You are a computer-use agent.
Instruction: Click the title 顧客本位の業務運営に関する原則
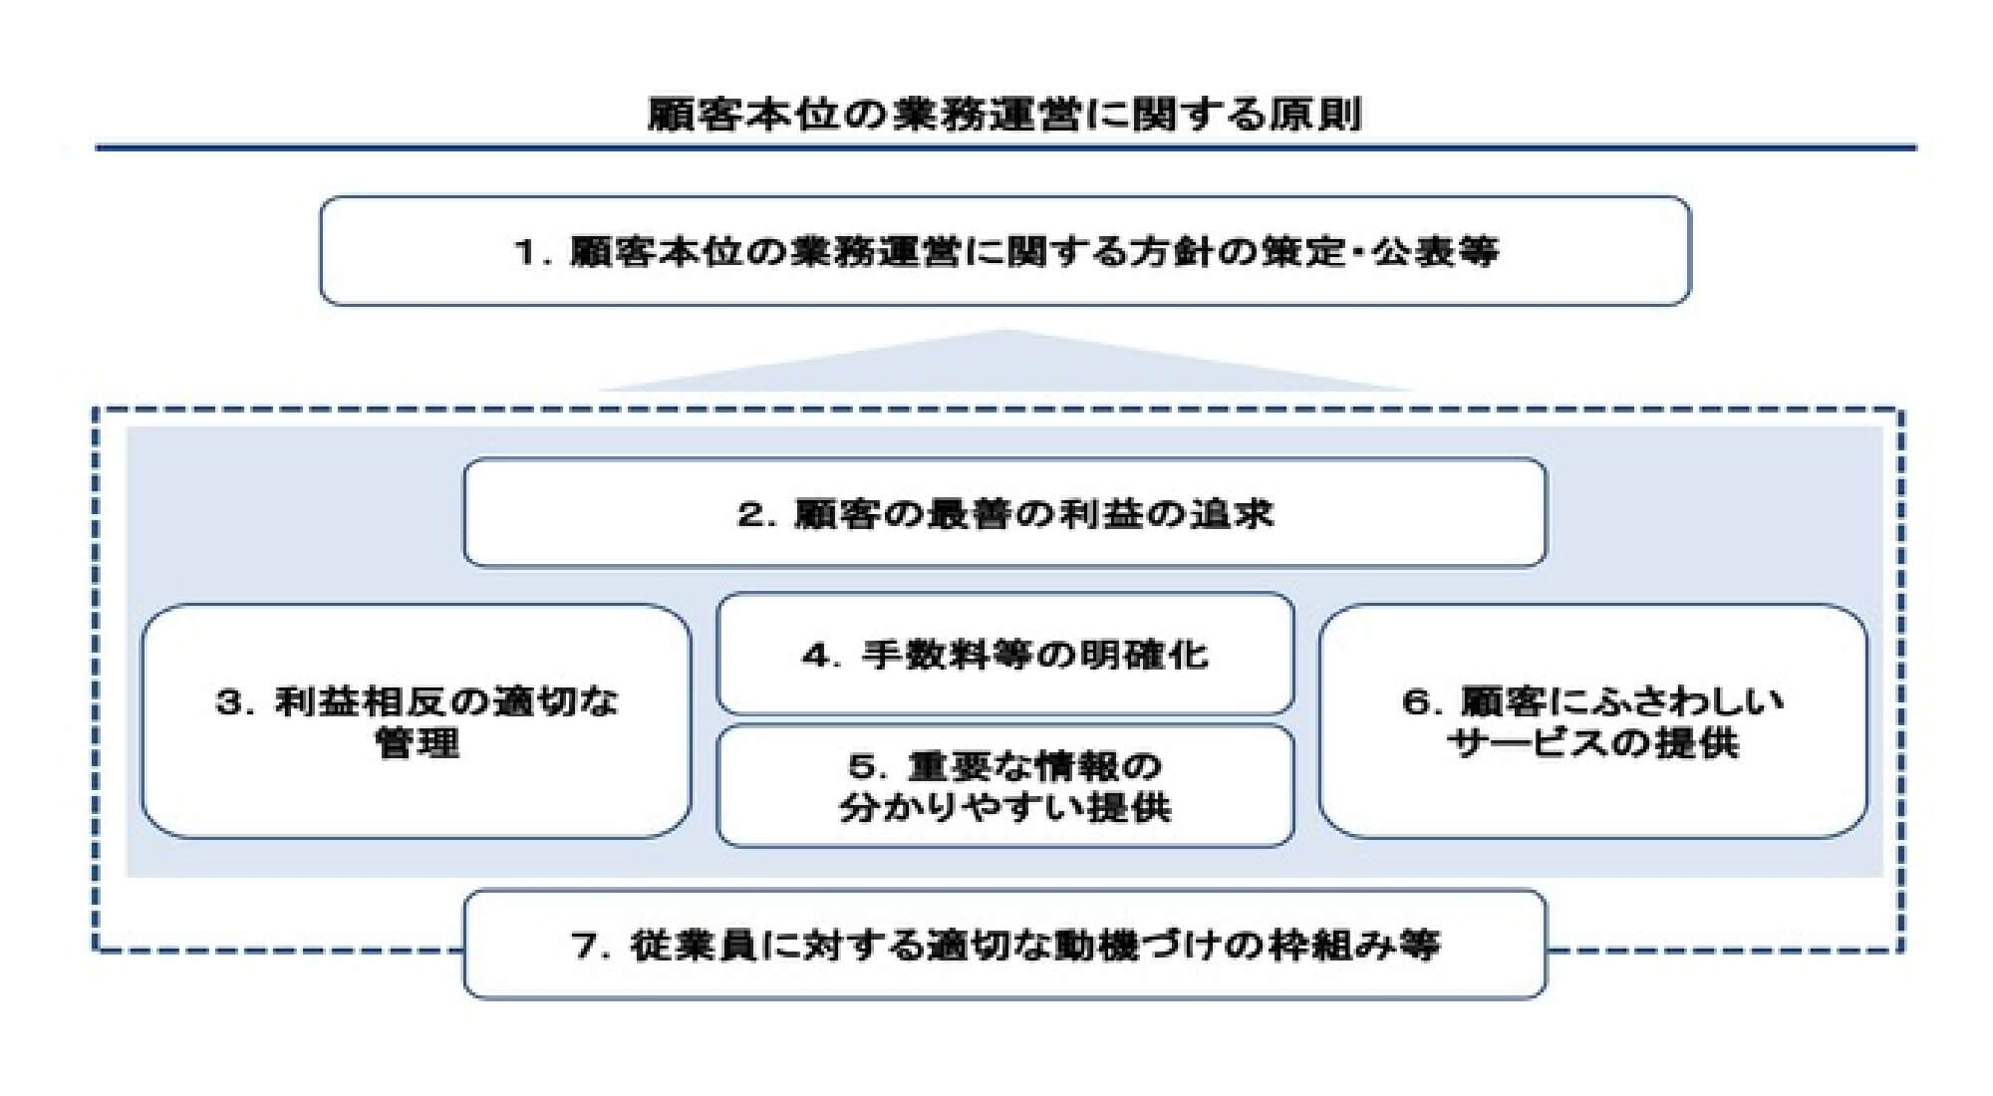tap(1004, 115)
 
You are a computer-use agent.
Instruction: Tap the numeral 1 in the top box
tap(525, 252)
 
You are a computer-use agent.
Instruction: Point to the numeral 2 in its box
tap(749, 515)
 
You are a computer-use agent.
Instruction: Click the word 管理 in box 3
tap(418, 744)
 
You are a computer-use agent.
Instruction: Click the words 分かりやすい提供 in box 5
tap(1004, 808)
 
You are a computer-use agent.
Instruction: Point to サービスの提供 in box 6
tap(1592, 744)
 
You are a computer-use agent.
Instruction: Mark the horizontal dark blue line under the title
tap(1004, 147)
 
